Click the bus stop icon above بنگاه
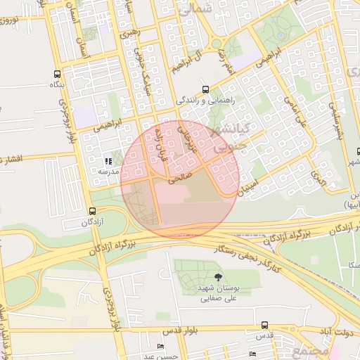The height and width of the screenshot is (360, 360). coord(57,73)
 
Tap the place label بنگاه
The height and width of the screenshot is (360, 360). coord(57,84)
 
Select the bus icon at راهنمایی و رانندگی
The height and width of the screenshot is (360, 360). coord(205,89)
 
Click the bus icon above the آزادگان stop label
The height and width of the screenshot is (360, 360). coord(92,211)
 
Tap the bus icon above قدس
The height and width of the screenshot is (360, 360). coord(264,325)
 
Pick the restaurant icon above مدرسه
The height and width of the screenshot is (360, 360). coord(108,160)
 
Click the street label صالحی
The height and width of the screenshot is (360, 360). coord(179,179)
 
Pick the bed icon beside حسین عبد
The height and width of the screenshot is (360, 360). coord(161,347)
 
